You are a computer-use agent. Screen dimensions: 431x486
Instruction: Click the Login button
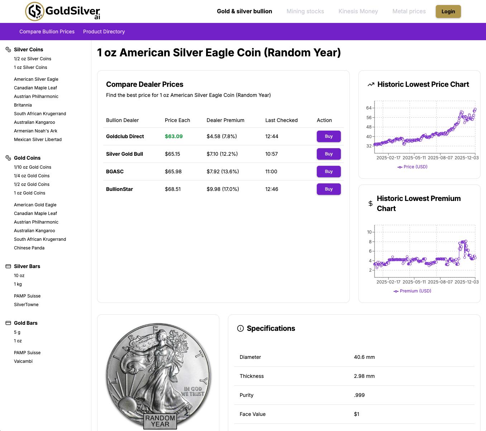point(448,11)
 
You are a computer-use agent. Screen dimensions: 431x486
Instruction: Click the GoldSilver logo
point(63,11)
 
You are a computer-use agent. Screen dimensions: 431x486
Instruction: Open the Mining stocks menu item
point(305,11)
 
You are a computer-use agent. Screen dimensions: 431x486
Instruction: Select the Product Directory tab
point(104,32)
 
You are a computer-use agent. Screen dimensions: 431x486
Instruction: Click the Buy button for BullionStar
point(328,189)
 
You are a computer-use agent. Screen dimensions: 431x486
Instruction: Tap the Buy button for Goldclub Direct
point(328,136)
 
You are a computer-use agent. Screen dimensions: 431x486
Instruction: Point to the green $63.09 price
point(174,136)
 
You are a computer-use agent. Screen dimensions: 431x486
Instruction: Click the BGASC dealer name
point(115,172)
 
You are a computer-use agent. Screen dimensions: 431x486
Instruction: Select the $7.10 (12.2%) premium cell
point(222,154)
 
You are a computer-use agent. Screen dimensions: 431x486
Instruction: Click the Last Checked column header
point(281,120)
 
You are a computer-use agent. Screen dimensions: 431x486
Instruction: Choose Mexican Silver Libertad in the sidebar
point(38,140)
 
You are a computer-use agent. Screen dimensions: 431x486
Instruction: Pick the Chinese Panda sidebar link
point(29,248)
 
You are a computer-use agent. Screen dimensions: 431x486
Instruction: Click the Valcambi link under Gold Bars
point(23,361)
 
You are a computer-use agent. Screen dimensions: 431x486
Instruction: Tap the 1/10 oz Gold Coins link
point(33,167)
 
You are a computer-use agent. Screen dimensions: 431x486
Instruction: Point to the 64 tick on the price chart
point(369,108)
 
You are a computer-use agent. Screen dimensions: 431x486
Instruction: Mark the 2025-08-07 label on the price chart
point(440,158)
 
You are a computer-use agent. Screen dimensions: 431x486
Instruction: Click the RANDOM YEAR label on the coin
point(160,421)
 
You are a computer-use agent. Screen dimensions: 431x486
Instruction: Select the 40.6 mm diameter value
point(364,357)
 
